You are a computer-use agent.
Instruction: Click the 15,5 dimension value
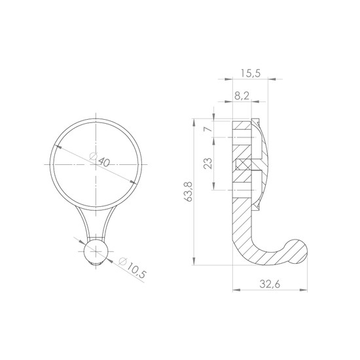(251, 73)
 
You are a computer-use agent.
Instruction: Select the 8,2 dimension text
(242, 96)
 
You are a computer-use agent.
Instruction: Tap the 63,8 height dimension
(189, 192)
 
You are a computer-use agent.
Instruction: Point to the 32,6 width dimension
(270, 284)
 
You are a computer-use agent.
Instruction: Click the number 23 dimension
(208, 163)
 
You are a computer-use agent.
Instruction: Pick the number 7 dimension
(208, 129)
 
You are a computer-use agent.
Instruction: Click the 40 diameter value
(104, 162)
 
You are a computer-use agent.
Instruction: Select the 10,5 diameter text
(136, 271)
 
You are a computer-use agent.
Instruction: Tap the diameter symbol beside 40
(93, 156)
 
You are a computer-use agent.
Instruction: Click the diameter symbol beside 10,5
(123, 261)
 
